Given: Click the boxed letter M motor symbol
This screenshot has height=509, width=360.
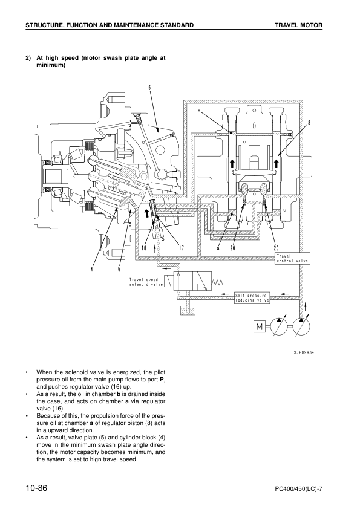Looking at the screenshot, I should [260, 327].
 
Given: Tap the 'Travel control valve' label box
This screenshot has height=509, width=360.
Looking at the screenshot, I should [292, 258].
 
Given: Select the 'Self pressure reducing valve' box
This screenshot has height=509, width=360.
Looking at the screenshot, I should [252, 298].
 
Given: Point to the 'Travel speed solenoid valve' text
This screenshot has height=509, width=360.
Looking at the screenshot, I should [146, 282].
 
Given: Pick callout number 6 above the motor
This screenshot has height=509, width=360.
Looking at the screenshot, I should [148, 87].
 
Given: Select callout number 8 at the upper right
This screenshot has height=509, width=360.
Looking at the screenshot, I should [309, 122].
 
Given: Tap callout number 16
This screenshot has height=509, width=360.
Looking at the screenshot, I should [144, 248].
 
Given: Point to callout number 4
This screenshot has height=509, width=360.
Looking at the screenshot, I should [93, 269].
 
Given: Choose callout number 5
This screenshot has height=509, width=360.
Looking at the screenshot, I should [119, 269].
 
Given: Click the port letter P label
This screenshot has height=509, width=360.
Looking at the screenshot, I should [162, 239].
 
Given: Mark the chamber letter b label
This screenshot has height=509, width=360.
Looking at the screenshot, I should [198, 111].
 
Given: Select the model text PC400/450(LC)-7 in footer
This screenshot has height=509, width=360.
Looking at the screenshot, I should [294, 488].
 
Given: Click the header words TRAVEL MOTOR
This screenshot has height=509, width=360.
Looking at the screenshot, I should [298, 25].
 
